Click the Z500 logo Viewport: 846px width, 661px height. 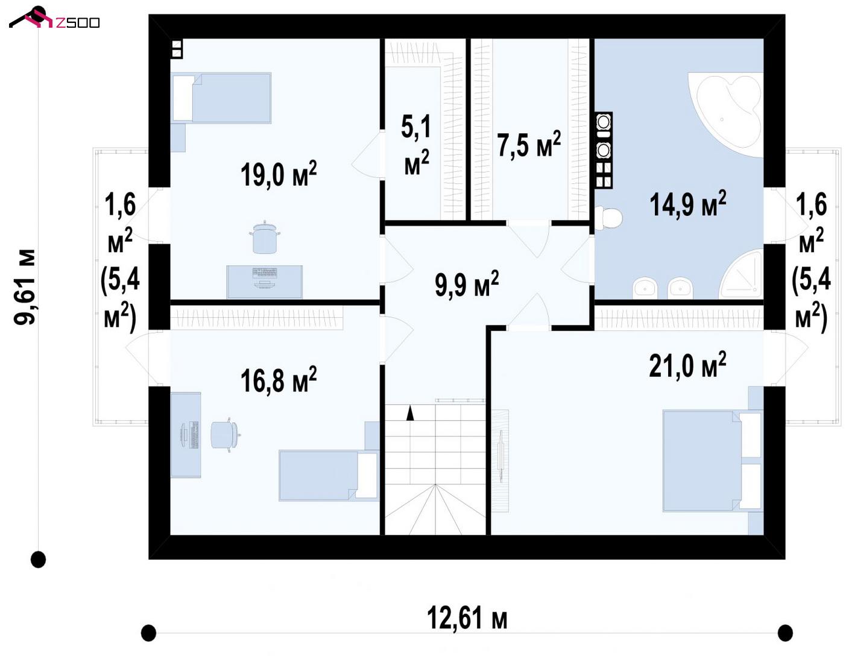[54, 18]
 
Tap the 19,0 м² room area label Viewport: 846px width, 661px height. [279, 174]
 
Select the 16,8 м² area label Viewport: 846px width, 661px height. [279, 380]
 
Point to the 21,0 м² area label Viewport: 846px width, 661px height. [687, 365]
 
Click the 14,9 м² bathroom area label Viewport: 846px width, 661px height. [687, 204]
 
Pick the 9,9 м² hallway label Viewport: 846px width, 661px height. [466, 284]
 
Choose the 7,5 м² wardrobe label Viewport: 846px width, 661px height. [529, 144]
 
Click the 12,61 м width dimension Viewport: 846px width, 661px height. [467, 618]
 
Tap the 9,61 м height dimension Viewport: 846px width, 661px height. [25, 286]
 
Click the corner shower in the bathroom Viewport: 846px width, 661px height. [741, 274]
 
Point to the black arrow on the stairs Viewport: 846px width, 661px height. [409, 413]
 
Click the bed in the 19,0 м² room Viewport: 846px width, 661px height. [221, 98]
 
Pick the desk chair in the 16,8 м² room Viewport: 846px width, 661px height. [226, 434]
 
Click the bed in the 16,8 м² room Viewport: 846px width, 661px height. [329, 475]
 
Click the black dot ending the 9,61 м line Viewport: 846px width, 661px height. [38, 560]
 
